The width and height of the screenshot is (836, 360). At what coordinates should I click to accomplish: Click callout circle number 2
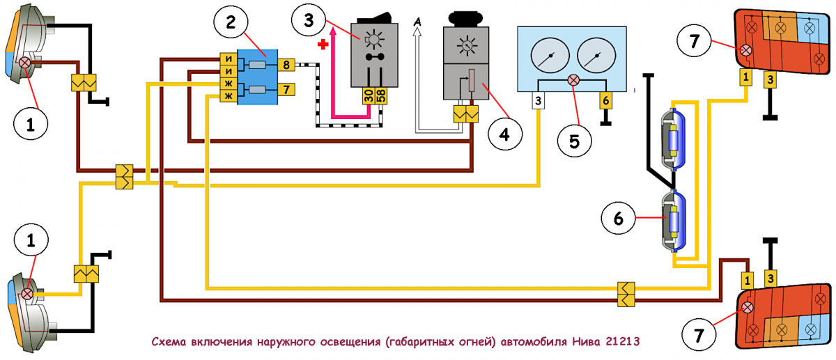[231, 22]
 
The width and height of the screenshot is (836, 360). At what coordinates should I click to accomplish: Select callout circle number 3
[309, 19]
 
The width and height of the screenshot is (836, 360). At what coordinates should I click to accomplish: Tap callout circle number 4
[504, 134]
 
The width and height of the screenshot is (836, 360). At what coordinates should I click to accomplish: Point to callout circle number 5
[574, 141]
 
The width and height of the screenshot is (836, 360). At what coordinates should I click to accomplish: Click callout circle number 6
[619, 218]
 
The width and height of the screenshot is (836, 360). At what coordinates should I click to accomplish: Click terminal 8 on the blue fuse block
[286, 65]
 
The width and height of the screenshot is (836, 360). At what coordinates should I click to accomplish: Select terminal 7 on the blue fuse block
[286, 90]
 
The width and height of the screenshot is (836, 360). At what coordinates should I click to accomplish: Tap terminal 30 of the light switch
[369, 96]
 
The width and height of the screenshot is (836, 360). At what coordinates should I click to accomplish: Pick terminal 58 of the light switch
[381, 96]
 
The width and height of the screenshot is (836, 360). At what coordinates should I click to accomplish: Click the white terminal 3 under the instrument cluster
[538, 101]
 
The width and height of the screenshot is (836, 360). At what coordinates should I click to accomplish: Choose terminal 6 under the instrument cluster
[605, 100]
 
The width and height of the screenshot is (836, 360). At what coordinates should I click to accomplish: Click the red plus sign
[323, 45]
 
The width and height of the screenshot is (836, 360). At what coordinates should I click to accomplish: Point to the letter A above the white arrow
[417, 22]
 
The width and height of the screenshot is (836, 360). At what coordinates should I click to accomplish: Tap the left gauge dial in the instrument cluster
[550, 55]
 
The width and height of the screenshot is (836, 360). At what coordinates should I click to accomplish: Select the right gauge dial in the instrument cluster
[596, 55]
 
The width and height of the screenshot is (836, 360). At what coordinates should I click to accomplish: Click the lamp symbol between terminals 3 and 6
[573, 80]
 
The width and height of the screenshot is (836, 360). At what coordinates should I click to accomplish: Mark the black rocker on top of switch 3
[374, 18]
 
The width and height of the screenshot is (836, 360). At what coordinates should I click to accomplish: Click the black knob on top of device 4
[466, 18]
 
